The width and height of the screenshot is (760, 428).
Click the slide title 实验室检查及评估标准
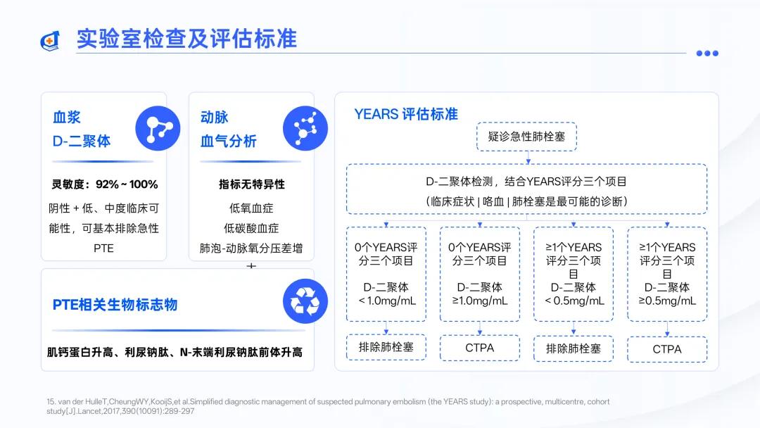click(186, 38)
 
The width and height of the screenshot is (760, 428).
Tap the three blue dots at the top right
click(707, 53)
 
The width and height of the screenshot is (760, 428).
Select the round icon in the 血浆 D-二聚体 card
click(158, 128)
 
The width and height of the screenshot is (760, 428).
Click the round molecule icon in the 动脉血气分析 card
click(305, 128)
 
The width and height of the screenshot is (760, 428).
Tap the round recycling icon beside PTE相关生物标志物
click(305, 301)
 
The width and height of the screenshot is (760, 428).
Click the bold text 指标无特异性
click(251, 184)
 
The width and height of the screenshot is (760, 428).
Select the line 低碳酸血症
click(251, 228)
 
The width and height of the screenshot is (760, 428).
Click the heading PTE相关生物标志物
click(115, 305)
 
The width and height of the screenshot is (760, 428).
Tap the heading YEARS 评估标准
click(406, 114)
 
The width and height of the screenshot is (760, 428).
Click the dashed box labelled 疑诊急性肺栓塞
click(526, 136)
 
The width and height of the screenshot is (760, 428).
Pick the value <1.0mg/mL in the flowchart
click(386, 301)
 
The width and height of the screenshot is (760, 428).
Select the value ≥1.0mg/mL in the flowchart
click(479, 301)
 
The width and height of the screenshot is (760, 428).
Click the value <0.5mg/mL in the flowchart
click(574, 301)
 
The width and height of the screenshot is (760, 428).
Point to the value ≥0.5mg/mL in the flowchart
click(667, 301)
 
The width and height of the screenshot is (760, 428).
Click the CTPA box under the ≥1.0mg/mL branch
click(479, 348)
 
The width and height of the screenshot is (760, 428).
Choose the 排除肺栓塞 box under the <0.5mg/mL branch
click(574, 348)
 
